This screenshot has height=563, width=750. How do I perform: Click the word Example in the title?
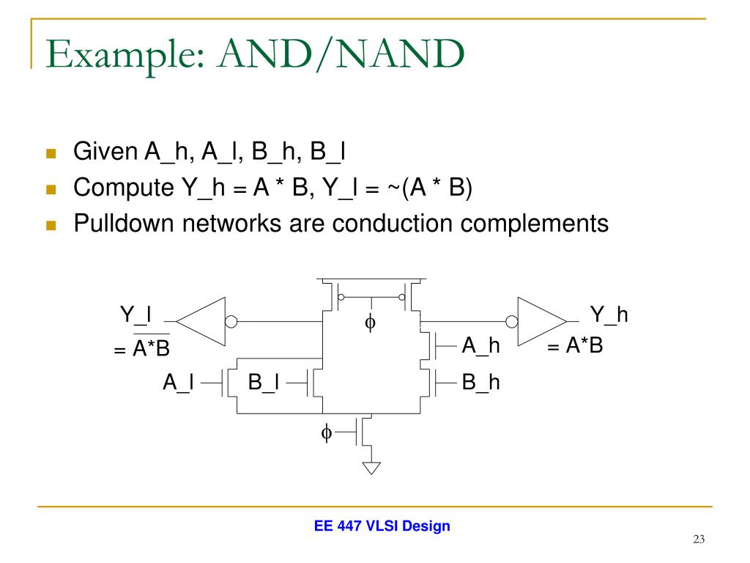pyautogui.click(x=122, y=55)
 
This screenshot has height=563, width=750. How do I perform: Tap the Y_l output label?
pyautogui.click(x=135, y=315)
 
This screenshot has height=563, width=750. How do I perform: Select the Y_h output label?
pyautogui.click(x=609, y=315)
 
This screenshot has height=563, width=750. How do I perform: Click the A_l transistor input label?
pyautogui.click(x=178, y=383)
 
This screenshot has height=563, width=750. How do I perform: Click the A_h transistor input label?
pyautogui.click(x=481, y=345)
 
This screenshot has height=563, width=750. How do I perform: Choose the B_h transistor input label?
pyautogui.click(x=481, y=383)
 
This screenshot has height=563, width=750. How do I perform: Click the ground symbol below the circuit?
pyautogui.click(x=372, y=467)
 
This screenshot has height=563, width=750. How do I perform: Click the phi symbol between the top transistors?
pyautogui.click(x=371, y=323)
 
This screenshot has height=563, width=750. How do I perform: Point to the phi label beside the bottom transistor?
pyautogui.click(x=327, y=433)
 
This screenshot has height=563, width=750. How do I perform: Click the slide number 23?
pyautogui.click(x=698, y=540)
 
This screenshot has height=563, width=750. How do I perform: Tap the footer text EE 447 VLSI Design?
pyautogui.click(x=382, y=526)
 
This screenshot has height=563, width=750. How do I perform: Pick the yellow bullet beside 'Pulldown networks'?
pyautogui.click(x=51, y=224)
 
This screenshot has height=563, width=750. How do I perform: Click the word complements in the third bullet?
pyautogui.click(x=535, y=222)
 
